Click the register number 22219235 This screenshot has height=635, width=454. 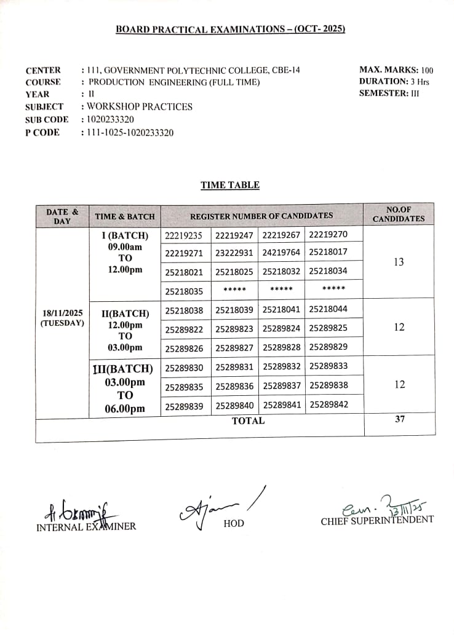tap(184, 235)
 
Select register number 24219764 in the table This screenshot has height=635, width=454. tap(281, 252)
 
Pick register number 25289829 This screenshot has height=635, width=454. tap(328, 347)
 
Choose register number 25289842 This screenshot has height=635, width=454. tap(328, 404)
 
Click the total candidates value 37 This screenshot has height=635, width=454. tap(399, 419)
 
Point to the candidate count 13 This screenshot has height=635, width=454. tap(399, 262)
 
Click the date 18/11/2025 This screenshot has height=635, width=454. tap(62, 312)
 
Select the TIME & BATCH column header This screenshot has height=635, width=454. tap(125, 217)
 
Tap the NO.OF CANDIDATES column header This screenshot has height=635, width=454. tap(398, 214)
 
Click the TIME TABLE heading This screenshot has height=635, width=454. tap(229, 185)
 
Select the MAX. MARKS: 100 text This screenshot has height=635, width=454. tap(396, 70)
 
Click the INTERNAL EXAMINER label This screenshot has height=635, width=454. tap(86, 526)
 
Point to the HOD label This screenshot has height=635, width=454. tap(234, 523)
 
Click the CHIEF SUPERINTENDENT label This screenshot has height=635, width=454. tap(376, 520)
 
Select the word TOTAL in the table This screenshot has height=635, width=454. tap(248, 421)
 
